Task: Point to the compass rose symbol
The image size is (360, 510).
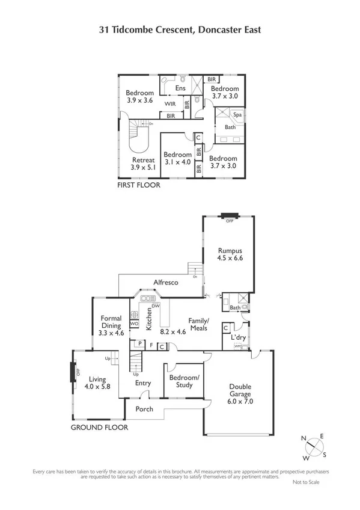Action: pos(313,447)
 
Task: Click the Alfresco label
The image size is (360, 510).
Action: pos(166,282)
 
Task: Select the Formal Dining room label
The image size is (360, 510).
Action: pos(111,325)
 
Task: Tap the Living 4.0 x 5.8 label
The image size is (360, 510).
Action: pos(97,383)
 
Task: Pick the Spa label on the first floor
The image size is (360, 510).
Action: pos(237,114)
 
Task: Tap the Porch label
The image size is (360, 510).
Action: pos(144,409)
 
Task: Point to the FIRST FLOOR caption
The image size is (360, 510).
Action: pos(139,186)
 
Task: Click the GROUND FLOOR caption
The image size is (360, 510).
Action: pos(99,428)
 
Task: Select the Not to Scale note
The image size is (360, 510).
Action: pos(306,482)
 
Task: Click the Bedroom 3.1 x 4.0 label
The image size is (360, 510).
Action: pos(177,158)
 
